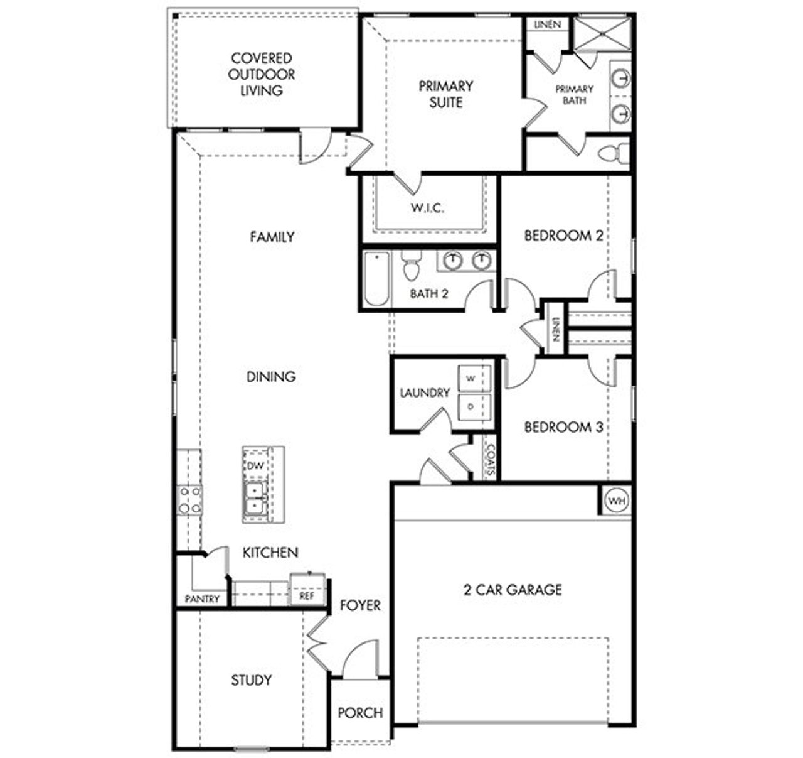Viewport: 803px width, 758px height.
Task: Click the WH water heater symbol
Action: pos(617,501)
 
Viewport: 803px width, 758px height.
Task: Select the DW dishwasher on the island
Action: pos(254,466)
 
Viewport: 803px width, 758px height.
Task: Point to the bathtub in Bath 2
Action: pos(376,278)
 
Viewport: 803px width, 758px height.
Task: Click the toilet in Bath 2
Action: pos(412,266)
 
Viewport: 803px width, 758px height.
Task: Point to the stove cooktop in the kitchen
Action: pos(189,500)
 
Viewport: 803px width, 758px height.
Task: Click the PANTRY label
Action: pos(202,599)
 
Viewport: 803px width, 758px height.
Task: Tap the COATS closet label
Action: pos(491,461)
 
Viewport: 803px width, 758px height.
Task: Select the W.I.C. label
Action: pos(428,208)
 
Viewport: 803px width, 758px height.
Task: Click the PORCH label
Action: pos(360,713)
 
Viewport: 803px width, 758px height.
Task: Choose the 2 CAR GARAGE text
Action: pos(513,590)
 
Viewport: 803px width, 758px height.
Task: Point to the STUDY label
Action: pos(251,680)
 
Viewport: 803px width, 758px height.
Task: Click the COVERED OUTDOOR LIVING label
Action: pos(262,74)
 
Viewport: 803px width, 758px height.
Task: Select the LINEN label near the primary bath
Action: pos(547,25)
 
